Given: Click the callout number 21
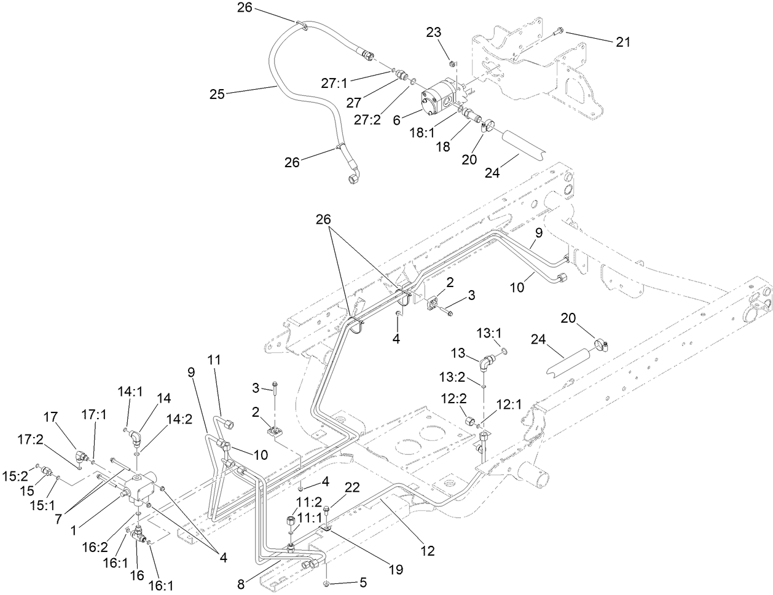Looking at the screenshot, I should click(622, 42).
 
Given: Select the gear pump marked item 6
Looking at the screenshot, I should click(439, 98).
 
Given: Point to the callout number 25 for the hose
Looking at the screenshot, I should click(217, 94).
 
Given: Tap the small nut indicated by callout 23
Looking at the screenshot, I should click(452, 63).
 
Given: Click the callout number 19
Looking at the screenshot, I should click(396, 569).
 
